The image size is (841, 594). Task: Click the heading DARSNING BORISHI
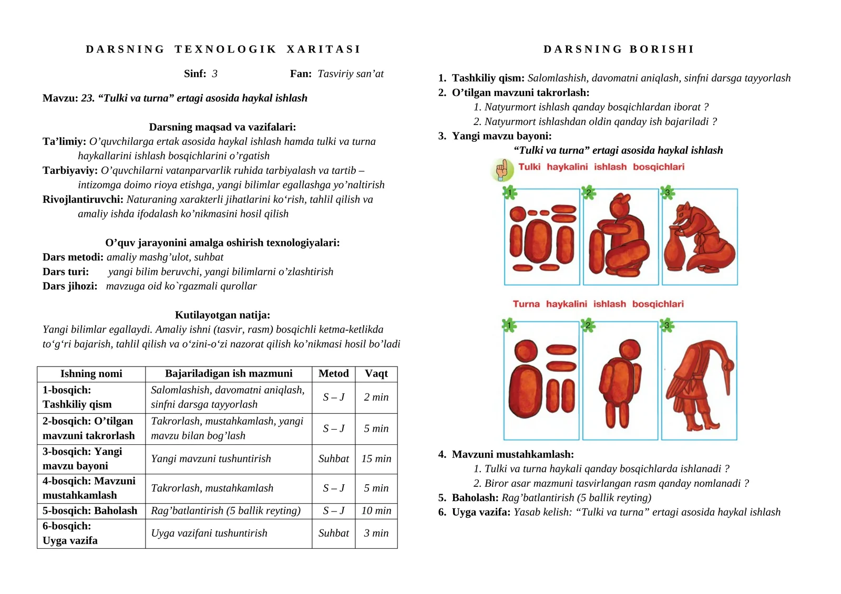pyautogui.click(x=619, y=49)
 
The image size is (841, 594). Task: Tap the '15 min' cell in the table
pyautogui.click(x=376, y=458)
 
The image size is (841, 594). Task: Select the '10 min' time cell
pyautogui.click(x=376, y=510)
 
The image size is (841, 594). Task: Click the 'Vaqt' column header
pyautogui.click(x=376, y=373)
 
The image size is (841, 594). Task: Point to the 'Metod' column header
pyautogui.click(x=333, y=373)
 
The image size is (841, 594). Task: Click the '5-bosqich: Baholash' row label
pyautogui.click(x=90, y=510)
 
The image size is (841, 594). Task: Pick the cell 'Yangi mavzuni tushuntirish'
pyautogui.click(x=211, y=458)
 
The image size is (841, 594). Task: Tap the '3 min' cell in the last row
pyautogui.click(x=376, y=533)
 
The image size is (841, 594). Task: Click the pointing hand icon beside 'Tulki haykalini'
pyautogui.click(x=502, y=170)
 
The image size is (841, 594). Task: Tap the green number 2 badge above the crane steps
pyautogui.click(x=588, y=326)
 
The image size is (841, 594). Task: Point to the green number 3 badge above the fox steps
pyautogui.click(x=667, y=193)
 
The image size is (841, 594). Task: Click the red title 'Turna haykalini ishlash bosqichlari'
pyautogui.click(x=598, y=304)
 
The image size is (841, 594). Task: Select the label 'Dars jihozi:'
pyautogui.click(x=70, y=286)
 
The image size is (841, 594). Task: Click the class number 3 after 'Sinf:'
pyautogui.click(x=214, y=74)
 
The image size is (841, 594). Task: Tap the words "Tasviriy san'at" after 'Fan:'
pyautogui.click(x=351, y=74)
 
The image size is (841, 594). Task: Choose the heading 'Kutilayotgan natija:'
pyautogui.click(x=222, y=315)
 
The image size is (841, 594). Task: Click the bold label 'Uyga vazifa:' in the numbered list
pyautogui.click(x=481, y=512)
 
